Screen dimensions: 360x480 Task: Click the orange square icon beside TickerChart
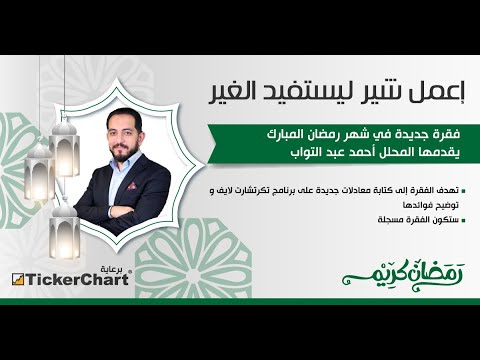point(18,279)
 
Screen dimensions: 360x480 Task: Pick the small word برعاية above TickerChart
point(117,268)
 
